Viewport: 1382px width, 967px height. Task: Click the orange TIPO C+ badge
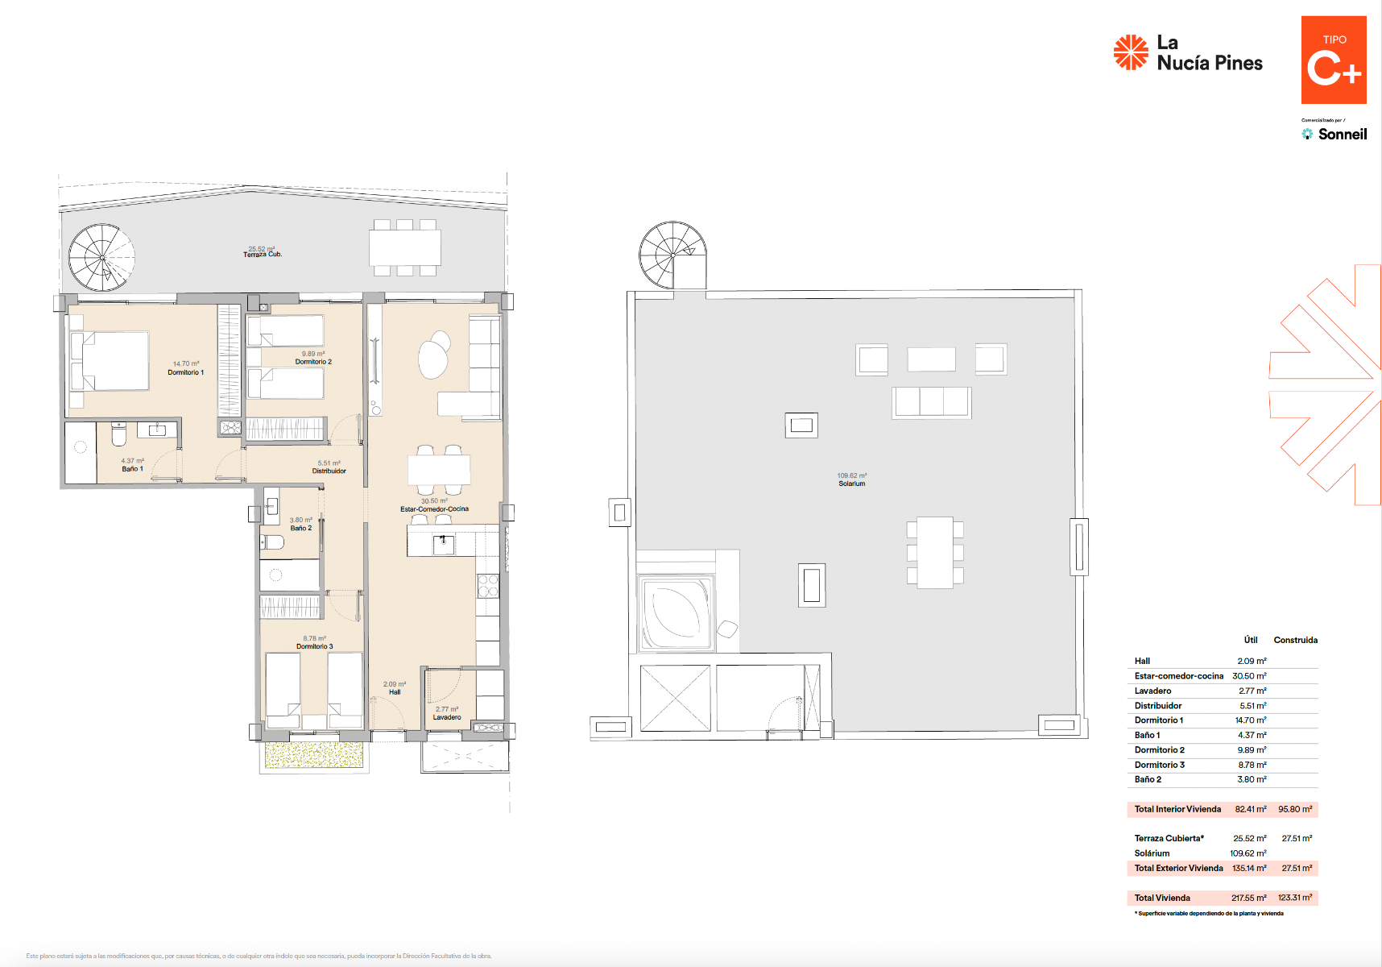[1334, 60]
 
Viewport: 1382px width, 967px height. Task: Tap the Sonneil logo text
[1342, 135]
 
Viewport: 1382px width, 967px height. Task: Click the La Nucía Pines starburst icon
[1131, 52]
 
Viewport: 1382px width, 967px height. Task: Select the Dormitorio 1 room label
[185, 372]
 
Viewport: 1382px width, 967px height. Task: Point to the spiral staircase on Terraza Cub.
[101, 257]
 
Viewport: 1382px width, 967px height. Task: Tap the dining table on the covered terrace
[404, 247]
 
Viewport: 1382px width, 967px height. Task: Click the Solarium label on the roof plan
[851, 483]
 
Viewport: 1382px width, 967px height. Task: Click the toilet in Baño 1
[118, 435]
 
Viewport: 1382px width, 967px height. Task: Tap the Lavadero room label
[447, 717]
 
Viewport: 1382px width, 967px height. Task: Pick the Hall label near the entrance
[395, 692]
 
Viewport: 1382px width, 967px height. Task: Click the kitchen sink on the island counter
[444, 545]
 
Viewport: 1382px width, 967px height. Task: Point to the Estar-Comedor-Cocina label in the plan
[434, 509]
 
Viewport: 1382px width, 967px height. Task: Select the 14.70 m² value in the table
[1252, 720]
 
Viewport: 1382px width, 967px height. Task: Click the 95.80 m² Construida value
[1294, 809]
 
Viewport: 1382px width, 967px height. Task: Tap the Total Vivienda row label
[1162, 898]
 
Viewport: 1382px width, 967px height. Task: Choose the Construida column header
[1295, 640]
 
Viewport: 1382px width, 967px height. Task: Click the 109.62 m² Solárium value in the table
[1248, 853]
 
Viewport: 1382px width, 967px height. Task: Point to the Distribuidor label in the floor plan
[329, 471]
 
